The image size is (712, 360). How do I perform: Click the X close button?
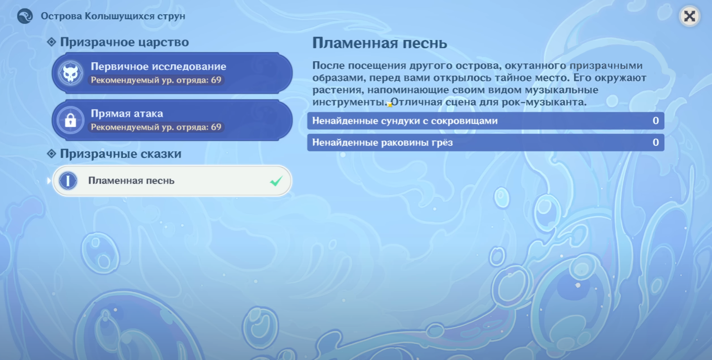pos(689,16)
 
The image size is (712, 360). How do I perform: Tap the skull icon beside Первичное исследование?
pos(70,73)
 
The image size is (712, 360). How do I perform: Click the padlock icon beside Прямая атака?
pos(70,120)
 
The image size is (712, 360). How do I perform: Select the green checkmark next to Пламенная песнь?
pos(276,181)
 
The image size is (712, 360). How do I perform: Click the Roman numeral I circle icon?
pos(68,181)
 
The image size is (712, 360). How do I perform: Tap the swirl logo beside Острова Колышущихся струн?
pos(25,16)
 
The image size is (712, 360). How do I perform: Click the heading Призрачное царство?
pos(124,42)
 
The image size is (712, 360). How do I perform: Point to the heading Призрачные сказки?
pos(121,154)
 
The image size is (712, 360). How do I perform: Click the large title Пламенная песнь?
pos(380,43)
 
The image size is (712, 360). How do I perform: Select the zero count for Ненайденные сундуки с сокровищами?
pos(655,121)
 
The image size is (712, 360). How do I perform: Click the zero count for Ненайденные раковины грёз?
pos(655,142)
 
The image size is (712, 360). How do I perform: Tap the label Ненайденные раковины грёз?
pos(383,142)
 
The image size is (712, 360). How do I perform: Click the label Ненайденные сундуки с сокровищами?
pos(405,121)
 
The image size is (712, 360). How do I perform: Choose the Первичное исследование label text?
pos(158,66)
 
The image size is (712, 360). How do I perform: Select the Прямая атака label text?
pos(127,113)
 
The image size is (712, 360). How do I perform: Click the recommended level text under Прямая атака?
pos(156,127)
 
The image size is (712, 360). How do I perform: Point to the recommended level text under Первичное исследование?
pos(156,80)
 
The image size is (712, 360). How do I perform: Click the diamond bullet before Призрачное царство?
pos(51,42)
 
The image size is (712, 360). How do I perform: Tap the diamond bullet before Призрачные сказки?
pos(51,153)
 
